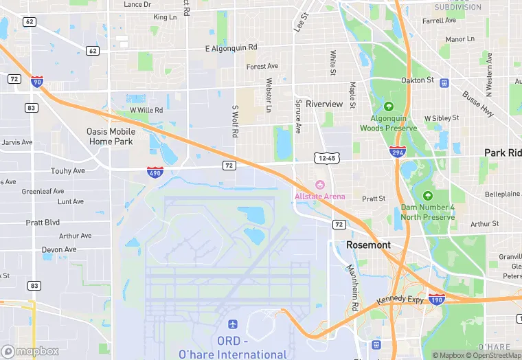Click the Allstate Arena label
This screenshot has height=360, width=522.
click(x=320, y=196)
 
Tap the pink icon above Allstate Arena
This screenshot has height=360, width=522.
click(x=319, y=184)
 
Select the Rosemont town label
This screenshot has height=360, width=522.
click(x=368, y=245)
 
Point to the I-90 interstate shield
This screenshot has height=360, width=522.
click(x=36, y=82)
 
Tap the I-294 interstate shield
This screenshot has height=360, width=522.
click(x=396, y=151)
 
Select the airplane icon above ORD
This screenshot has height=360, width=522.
click(x=232, y=324)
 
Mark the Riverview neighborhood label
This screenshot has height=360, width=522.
click(x=324, y=104)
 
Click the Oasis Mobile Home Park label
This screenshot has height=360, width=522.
click(x=111, y=136)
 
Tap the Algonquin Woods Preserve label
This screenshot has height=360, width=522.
click(x=388, y=123)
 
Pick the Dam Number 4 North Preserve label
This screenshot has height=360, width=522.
click(x=428, y=212)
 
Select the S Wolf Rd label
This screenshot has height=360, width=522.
click(x=235, y=121)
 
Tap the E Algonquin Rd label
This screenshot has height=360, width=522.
click(x=231, y=48)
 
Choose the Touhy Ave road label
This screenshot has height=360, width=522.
click(x=67, y=170)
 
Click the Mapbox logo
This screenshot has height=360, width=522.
click(x=30, y=352)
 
